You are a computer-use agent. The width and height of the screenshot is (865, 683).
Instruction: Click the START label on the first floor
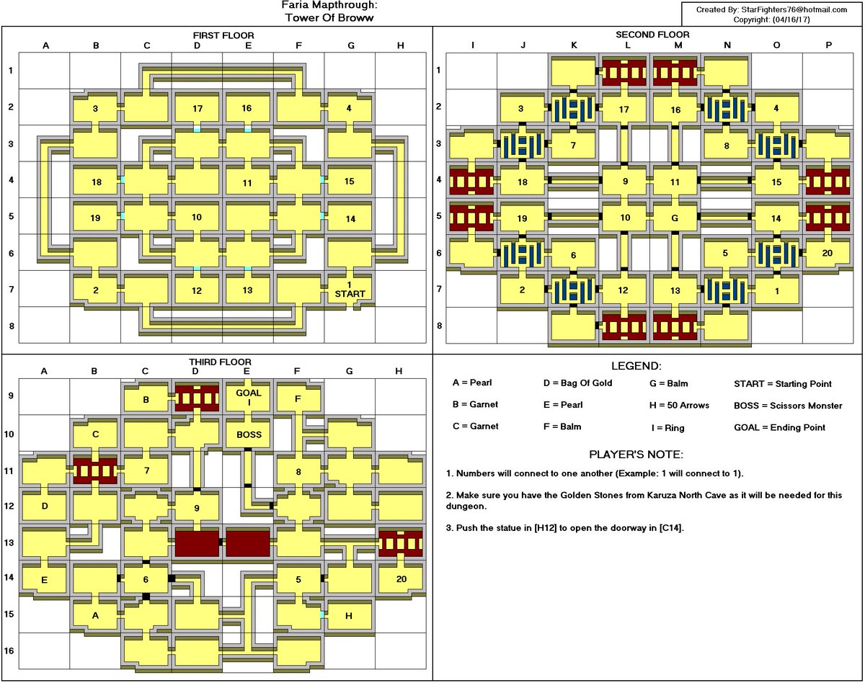(x=350, y=294)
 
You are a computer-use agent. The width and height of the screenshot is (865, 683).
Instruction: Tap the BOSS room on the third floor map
(x=249, y=434)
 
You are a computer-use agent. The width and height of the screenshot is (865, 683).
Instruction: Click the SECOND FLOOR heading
(x=652, y=35)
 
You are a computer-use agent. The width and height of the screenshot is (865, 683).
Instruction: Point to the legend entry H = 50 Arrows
(x=679, y=406)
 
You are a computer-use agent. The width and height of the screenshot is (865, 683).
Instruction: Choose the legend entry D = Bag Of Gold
(x=577, y=383)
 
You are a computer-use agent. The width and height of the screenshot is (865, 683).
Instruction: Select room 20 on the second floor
(x=827, y=253)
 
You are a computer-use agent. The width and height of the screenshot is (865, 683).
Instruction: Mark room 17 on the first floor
(x=198, y=108)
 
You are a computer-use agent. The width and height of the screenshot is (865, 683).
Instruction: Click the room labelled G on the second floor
(x=675, y=218)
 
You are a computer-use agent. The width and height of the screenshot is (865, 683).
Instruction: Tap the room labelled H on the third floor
(x=349, y=616)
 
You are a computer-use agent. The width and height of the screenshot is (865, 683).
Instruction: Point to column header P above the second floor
(x=829, y=45)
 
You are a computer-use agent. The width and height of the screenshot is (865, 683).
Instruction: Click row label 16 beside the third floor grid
(x=11, y=651)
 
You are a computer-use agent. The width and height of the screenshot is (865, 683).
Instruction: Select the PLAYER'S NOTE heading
(x=636, y=455)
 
